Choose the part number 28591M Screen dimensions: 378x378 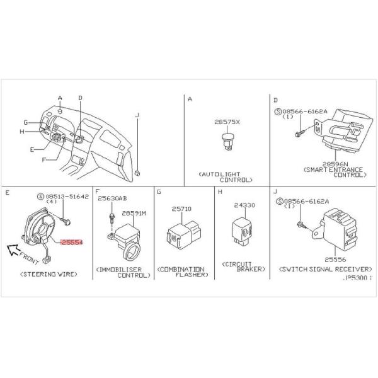pyautogui.click(x=134, y=214)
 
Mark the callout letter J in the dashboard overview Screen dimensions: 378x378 pyautogui.click(x=137, y=115)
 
